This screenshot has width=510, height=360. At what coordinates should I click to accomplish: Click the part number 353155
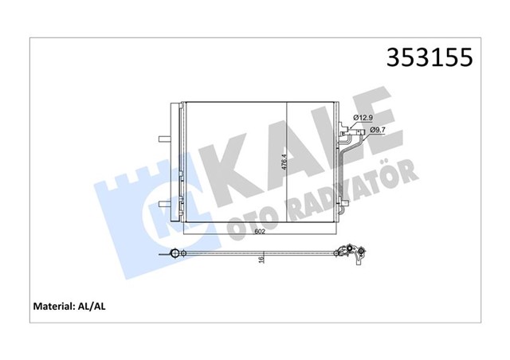pyautogui.click(x=429, y=57)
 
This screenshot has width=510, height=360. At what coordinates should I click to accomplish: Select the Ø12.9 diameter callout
pyautogui.click(x=366, y=119)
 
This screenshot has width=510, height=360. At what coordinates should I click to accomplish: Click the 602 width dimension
pyautogui.click(x=259, y=233)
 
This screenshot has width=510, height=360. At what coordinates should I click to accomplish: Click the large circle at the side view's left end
pyautogui.click(x=172, y=255)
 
